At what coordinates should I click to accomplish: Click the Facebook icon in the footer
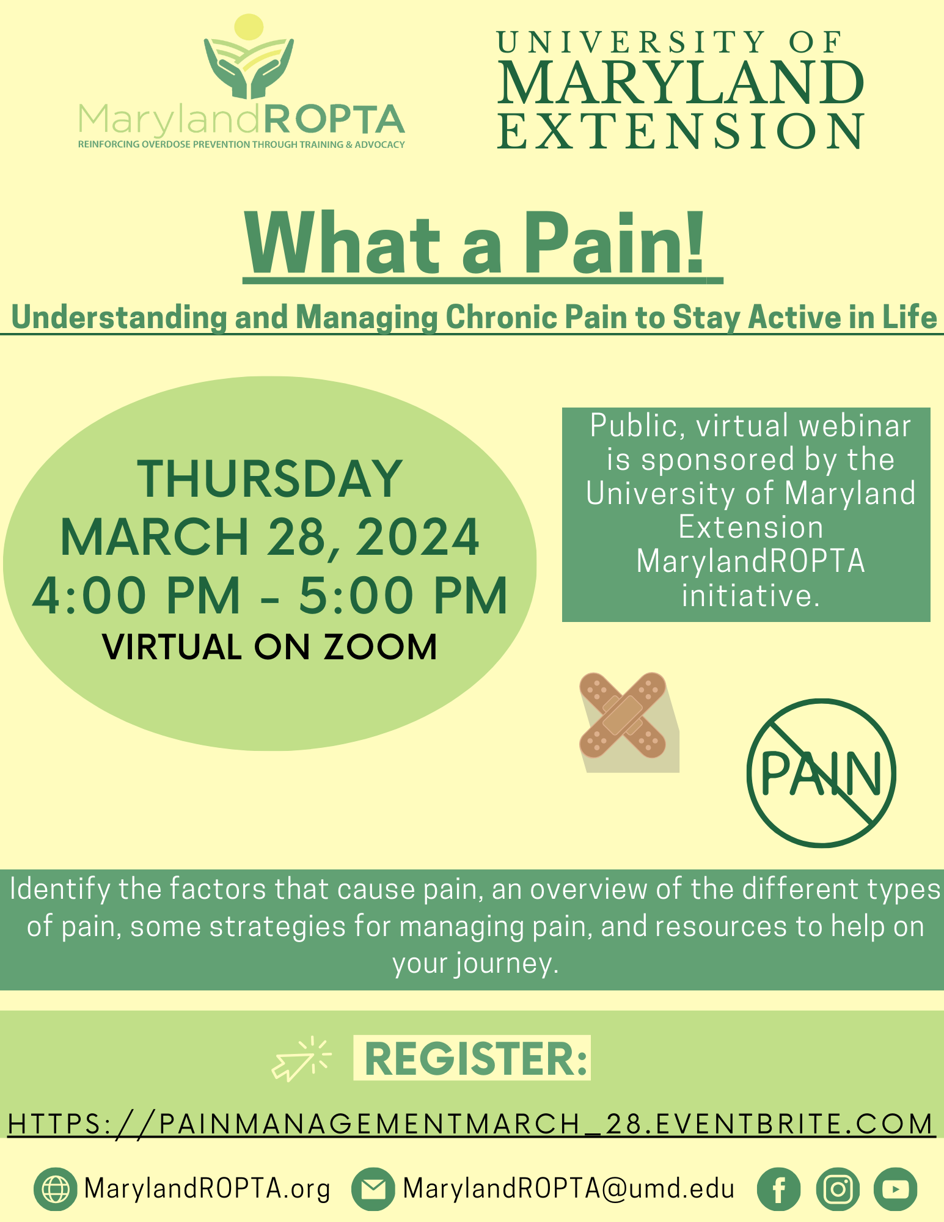pos(778,1189)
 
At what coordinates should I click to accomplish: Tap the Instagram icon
pos(838,1189)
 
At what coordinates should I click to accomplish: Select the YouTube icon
pos(895,1189)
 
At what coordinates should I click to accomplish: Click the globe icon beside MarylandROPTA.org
pos(56,1189)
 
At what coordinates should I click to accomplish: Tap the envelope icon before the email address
pos(373,1189)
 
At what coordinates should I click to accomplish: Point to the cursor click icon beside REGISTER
pos(301,1059)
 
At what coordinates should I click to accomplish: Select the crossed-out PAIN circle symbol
pos(821,773)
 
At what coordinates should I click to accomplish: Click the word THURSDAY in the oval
pos(269,479)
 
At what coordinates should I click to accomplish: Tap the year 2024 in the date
pos(417,537)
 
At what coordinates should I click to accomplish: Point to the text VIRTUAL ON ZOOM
pos(269,646)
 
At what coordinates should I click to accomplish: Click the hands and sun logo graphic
pos(249,58)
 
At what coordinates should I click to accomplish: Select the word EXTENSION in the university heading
pos(681,131)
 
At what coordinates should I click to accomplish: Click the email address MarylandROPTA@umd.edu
pos(568,1189)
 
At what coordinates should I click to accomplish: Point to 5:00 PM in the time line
pos(403,595)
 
